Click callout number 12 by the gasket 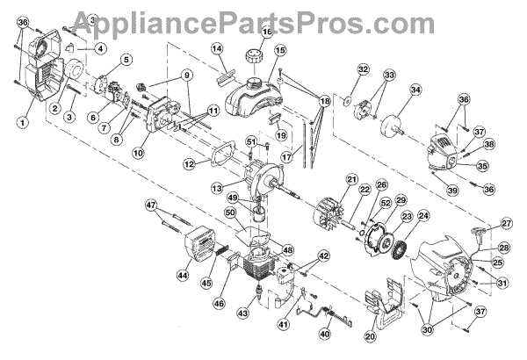pos(189,163)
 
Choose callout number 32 pos(362,69)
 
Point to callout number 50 pos(230,213)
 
